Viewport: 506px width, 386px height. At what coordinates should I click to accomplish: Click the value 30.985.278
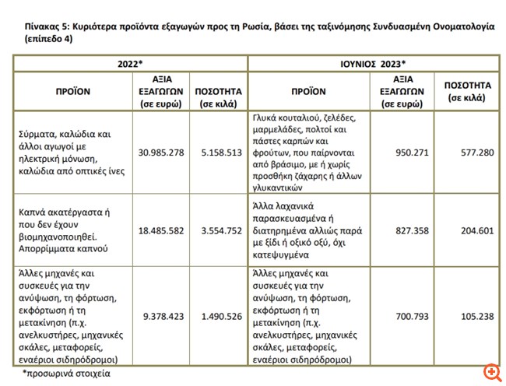point(161,152)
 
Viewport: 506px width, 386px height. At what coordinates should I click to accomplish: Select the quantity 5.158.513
point(218,152)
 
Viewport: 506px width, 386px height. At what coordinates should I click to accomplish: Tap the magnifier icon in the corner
point(491,372)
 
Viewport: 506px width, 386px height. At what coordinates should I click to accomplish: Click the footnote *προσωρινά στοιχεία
point(67,373)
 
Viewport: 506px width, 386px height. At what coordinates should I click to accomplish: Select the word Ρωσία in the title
point(266,26)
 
